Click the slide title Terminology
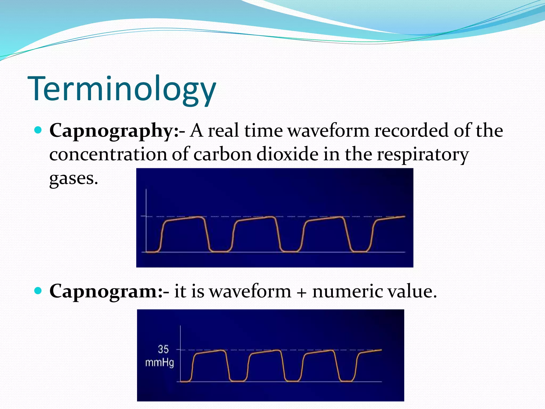[122, 89]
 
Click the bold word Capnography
[112, 131]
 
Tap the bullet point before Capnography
[39, 130]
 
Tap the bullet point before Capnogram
[39, 291]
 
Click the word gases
[73, 178]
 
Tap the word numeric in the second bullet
[348, 291]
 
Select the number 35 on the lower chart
[163, 349]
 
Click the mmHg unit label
[159, 363]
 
